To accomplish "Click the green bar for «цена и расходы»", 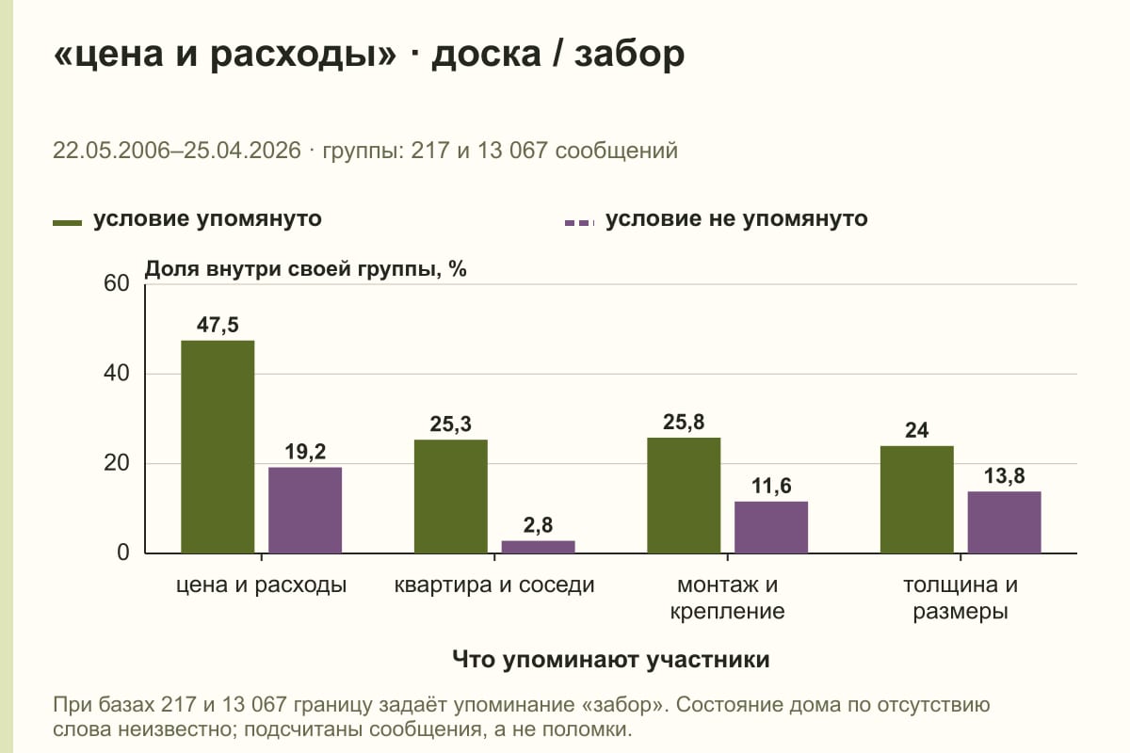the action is pyautogui.click(x=218, y=447).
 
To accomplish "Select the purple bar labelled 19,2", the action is pyautogui.click(x=305, y=510).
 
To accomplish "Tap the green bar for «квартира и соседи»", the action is pyautogui.click(x=450, y=496).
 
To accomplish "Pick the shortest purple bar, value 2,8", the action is pyautogui.click(x=538, y=547).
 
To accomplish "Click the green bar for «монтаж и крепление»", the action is pyautogui.click(x=684, y=495).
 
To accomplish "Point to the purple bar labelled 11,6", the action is pyautogui.click(x=771, y=527).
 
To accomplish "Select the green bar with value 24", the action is pyautogui.click(x=916, y=499).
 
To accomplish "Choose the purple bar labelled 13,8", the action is pyautogui.click(x=1004, y=522).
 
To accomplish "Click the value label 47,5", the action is pyautogui.click(x=218, y=325).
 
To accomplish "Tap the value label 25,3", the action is pyautogui.click(x=450, y=425).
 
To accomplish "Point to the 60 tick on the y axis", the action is pyautogui.click(x=117, y=283).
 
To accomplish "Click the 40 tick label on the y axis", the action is pyautogui.click(x=117, y=374).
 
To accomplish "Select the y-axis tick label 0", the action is pyautogui.click(x=123, y=553).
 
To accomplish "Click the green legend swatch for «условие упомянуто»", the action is pyautogui.click(x=67, y=223).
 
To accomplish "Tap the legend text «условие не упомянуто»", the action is pyautogui.click(x=736, y=219).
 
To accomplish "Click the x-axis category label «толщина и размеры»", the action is pyautogui.click(x=960, y=598).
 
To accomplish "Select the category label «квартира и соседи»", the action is pyautogui.click(x=494, y=585).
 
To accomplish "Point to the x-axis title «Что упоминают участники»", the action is pyautogui.click(x=611, y=660).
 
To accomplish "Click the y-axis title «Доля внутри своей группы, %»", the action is pyautogui.click(x=305, y=269).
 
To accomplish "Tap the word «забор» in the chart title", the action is pyautogui.click(x=629, y=54).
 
